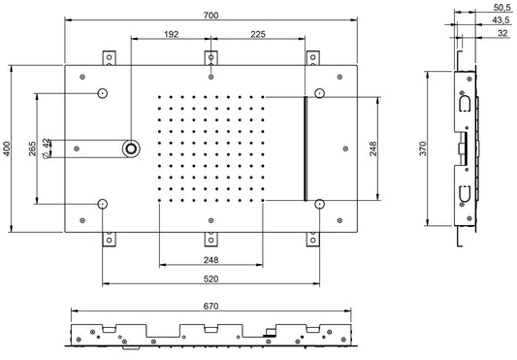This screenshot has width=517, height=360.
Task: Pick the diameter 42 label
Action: coord(48,148)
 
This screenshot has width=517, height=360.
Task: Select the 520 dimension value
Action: coord(211,278)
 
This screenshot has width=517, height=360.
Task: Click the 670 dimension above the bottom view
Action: coord(211,307)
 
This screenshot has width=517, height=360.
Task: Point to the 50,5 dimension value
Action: coord(501,8)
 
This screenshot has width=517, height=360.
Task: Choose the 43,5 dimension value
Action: coord(501,20)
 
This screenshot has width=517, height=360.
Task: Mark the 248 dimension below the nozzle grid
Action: coord(211,258)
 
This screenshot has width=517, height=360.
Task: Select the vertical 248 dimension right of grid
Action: coord(373,147)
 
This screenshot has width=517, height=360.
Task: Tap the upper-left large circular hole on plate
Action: coord(103,94)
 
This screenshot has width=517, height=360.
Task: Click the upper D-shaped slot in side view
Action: coord(464,102)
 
